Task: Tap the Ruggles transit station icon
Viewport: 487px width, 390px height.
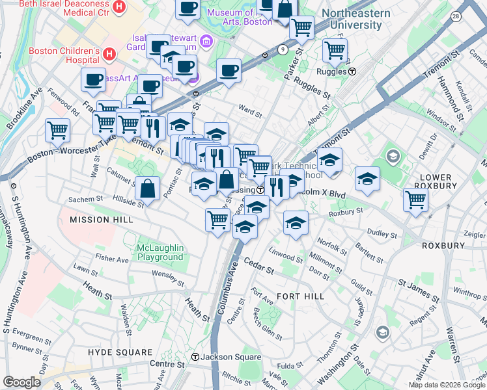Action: click(x=352, y=72)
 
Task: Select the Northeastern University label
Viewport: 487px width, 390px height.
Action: click(x=356, y=19)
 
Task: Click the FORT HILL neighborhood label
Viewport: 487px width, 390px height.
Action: click(x=296, y=296)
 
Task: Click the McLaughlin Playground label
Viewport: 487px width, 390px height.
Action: click(x=160, y=252)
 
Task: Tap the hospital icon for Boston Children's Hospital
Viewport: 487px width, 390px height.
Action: click(x=109, y=53)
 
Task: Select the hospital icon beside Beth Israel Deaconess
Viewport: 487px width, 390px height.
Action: click(x=118, y=6)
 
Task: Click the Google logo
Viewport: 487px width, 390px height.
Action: click(x=21, y=382)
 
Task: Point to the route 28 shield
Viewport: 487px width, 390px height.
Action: click(x=454, y=16)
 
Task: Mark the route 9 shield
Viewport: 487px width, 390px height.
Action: click(x=281, y=49)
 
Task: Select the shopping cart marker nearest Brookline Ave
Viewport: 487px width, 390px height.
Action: click(x=58, y=130)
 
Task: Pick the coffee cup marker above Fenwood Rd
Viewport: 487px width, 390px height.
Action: click(x=93, y=79)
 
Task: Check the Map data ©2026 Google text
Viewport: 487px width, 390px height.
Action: click(x=446, y=385)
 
